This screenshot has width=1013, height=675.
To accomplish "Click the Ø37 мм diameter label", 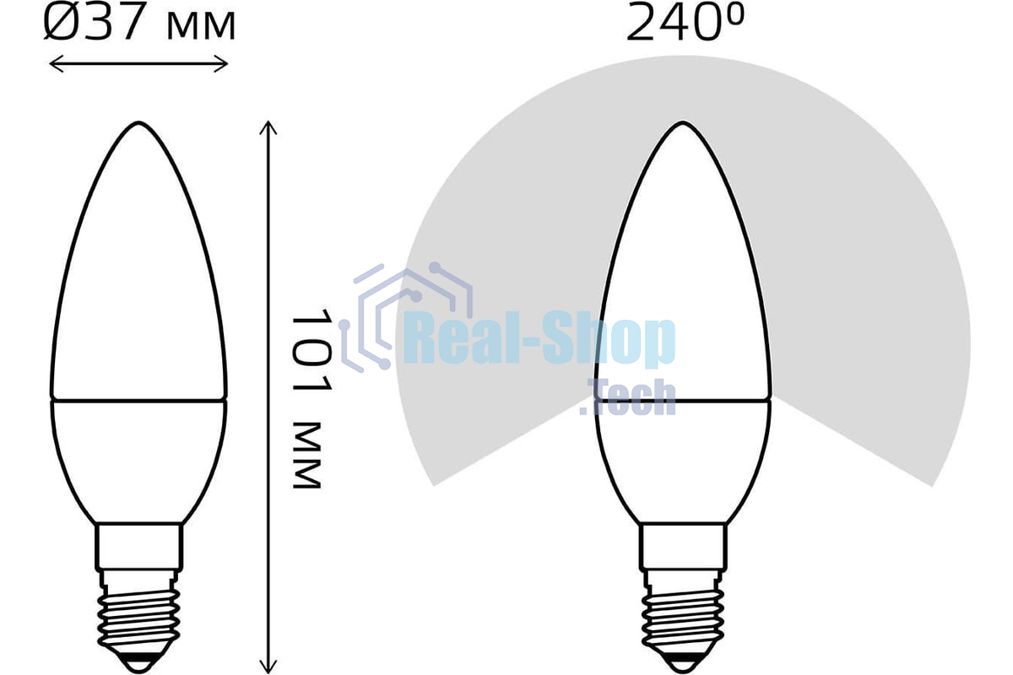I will [x=139, y=24].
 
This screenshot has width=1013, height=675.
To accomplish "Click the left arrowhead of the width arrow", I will [x=52, y=63].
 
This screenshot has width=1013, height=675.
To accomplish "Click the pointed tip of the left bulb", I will [x=138, y=125].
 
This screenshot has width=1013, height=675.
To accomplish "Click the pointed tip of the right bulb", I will [x=682, y=125].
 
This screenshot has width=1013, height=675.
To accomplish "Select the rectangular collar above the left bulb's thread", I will [x=138, y=546].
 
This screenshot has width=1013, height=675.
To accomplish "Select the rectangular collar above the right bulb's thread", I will [x=682, y=546].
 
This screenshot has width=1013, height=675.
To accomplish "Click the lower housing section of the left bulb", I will [x=138, y=456].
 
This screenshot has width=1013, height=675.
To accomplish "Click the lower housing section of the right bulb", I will [x=682, y=456].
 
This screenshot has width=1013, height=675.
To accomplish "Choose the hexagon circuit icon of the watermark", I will [x=397, y=316].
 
